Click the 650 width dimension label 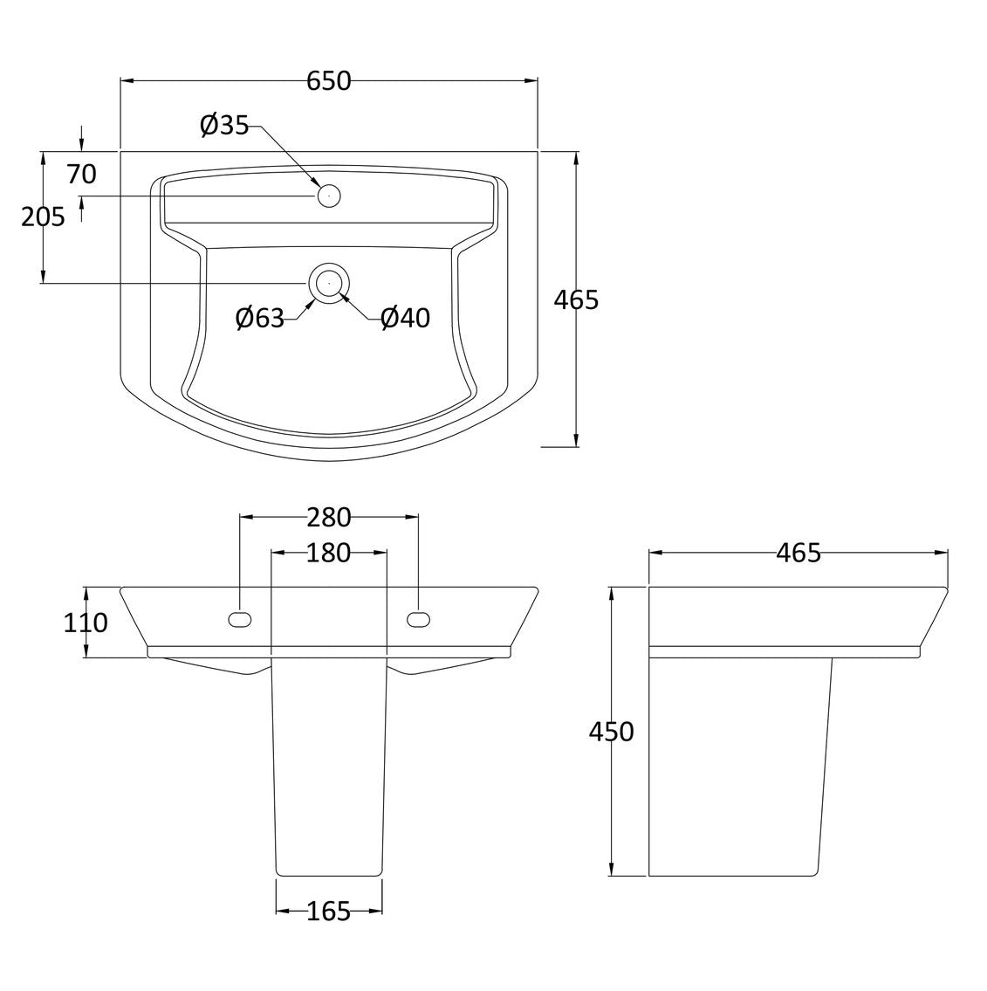pos(329,81)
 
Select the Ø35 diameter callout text pos(224,125)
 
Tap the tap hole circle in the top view pos(329,196)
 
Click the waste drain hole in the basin pos(329,283)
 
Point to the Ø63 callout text pos(260,317)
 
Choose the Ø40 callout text pos(406,317)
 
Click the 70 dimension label pos(81,175)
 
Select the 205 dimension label pos(43,217)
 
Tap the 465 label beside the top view pos(576,299)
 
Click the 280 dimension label pos(329,518)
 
